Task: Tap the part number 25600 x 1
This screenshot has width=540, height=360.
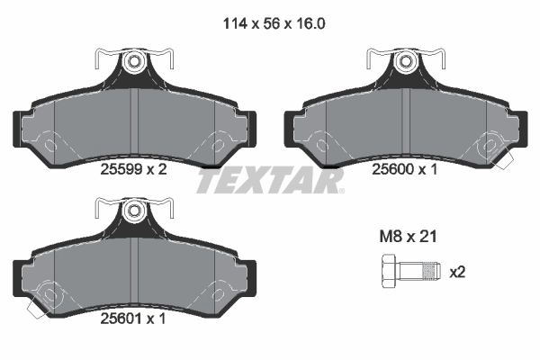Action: click(x=404, y=168)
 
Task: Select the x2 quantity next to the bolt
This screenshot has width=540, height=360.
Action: click(x=457, y=271)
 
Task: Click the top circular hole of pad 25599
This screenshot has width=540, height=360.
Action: click(x=134, y=62)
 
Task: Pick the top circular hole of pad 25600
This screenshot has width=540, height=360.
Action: click(x=404, y=62)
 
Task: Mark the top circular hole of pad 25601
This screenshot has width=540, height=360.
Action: click(x=134, y=213)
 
